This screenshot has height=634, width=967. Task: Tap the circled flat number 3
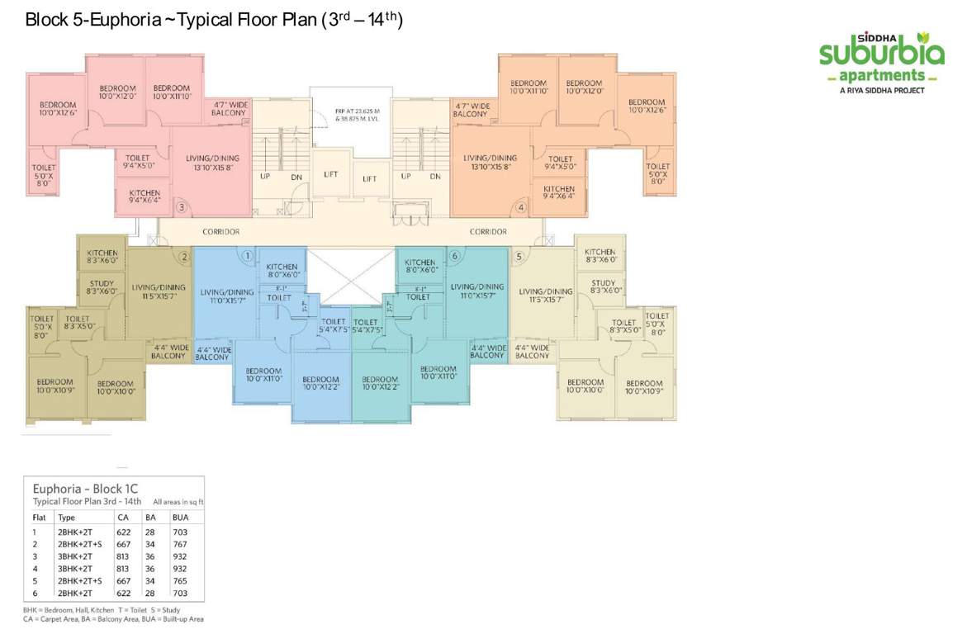click(x=182, y=207)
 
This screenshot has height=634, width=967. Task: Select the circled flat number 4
click(x=521, y=207)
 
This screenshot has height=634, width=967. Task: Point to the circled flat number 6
click(x=453, y=257)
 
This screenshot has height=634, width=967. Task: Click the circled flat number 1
click(x=247, y=257)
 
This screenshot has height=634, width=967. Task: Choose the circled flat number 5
click(x=519, y=257)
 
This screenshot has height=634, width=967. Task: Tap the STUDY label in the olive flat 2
click(x=102, y=286)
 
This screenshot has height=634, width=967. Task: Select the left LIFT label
click(x=330, y=175)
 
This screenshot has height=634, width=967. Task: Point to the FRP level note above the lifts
click(x=350, y=114)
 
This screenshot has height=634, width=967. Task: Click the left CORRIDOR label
click(x=220, y=232)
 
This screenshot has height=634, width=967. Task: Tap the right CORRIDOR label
click(x=488, y=232)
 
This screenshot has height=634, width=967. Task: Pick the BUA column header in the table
click(x=180, y=518)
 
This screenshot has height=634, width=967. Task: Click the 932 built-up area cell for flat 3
click(x=180, y=556)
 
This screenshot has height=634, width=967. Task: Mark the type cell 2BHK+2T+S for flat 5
click(x=80, y=581)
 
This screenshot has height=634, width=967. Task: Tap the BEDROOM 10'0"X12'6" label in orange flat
click(x=647, y=106)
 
